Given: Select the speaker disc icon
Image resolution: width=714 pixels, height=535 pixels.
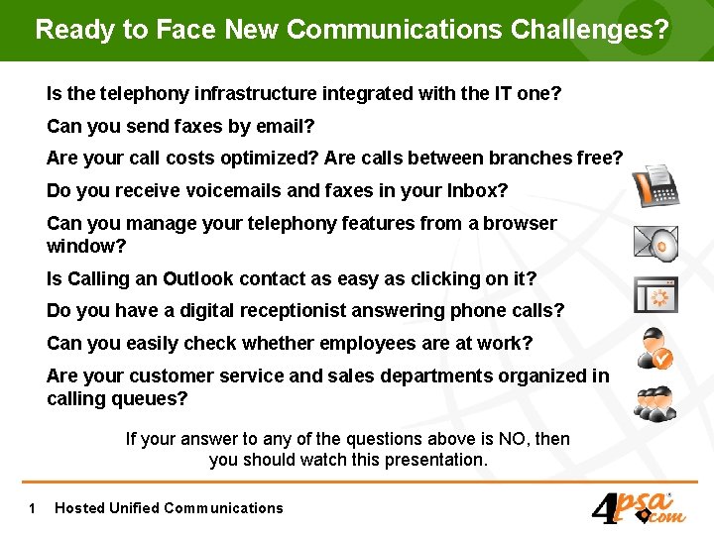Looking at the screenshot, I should tap(655, 242).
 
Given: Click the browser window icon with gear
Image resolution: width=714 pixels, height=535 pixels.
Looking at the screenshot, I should tap(655, 294).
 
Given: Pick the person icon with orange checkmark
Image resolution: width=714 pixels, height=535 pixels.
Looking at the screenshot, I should tap(655, 349).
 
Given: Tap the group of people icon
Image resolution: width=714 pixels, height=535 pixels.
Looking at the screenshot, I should tap(655, 401).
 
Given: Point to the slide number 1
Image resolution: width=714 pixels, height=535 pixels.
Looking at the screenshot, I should tap(33, 508).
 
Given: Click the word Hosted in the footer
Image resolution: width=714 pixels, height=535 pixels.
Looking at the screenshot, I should tap(79, 508).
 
